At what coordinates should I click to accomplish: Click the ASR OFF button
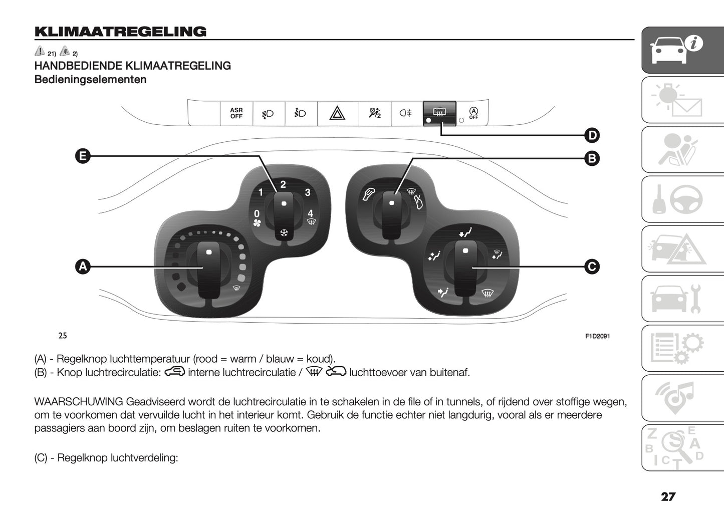click(x=236, y=113)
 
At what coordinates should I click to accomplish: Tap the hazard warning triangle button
click(x=337, y=114)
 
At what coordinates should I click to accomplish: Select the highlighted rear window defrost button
click(x=439, y=113)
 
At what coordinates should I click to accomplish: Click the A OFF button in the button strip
click(x=473, y=113)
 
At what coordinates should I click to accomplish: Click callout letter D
click(x=592, y=135)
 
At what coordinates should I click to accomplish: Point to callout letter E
click(x=83, y=156)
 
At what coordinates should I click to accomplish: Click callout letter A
click(x=83, y=267)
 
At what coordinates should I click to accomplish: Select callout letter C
click(x=592, y=267)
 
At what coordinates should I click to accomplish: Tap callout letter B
click(x=592, y=159)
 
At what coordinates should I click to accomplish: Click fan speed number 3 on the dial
click(x=308, y=192)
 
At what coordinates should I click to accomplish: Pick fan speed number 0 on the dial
click(x=257, y=214)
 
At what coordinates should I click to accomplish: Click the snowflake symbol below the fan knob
click(x=284, y=233)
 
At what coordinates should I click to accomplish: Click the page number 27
click(x=668, y=497)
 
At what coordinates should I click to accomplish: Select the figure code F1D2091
click(x=597, y=336)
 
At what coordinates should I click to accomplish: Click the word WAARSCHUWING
click(x=79, y=402)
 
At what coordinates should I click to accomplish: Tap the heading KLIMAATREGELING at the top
click(x=120, y=32)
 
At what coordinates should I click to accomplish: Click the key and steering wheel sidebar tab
click(x=682, y=199)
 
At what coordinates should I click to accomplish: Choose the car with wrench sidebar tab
click(x=682, y=299)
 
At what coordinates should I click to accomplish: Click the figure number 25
click(x=63, y=336)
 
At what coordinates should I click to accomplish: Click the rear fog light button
click(x=405, y=113)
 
